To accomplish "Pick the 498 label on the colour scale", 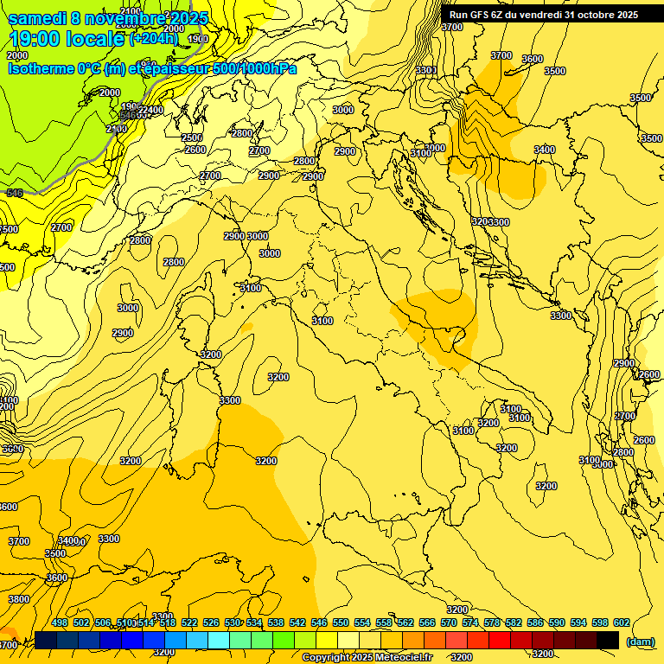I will pyautogui.click(x=60, y=623).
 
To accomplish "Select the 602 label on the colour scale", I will pyautogui.click(x=622, y=623).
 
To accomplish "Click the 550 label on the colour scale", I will pyautogui.click(x=341, y=623).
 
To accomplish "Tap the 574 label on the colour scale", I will pyautogui.click(x=470, y=623).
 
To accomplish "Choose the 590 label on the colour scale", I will pyautogui.click(x=557, y=623).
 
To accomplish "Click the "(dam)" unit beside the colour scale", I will pyautogui.click(x=640, y=642).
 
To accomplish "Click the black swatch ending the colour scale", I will pyautogui.click(x=608, y=640).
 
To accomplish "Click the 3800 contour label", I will pyautogui.click(x=19, y=599).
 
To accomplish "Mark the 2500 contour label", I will pyautogui.click(x=192, y=138).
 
